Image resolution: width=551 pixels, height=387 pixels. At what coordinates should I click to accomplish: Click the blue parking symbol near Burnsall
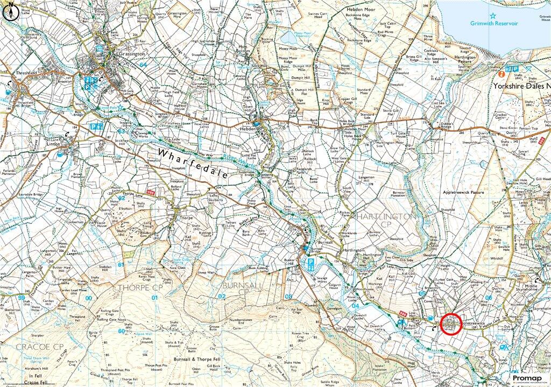pyautogui.click(x=310, y=264)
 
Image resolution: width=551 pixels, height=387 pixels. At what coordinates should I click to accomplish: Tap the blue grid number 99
pyautogui.click(x=21, y=297)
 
